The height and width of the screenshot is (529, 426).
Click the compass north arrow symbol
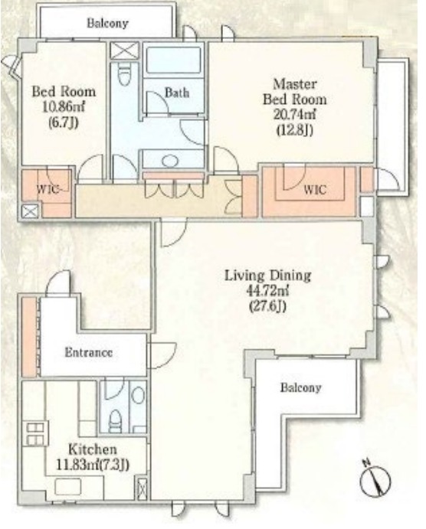pos(375,479)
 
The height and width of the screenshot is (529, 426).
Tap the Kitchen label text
pos(93,449)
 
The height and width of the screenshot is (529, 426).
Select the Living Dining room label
pos(267,276)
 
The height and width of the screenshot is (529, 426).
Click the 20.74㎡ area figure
pos(294,115)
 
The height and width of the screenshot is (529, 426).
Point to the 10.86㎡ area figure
pos(64,106)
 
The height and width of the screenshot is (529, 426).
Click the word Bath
pos(177,93)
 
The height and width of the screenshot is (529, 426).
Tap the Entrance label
pos(88,353)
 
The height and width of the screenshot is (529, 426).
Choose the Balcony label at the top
pos(108,23)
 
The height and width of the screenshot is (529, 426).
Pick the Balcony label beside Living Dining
pos(300,387)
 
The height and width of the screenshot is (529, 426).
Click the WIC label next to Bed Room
pos(48,188)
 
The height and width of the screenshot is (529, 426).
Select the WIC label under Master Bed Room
pos(315,189)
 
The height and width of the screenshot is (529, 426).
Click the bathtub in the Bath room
pos(174,60)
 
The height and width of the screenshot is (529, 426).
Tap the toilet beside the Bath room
pos(124,74)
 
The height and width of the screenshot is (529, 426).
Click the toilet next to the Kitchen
pos(116,421)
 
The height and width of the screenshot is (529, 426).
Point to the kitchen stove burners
pos(35,434)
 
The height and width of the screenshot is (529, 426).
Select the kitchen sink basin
pos(68,487)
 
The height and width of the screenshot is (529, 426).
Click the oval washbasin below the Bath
pos(170,161)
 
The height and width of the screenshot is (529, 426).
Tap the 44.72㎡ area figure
pos(267,291)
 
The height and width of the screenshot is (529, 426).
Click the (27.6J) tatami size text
pos(267,306)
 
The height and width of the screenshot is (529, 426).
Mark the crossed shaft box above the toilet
pos(125,51)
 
